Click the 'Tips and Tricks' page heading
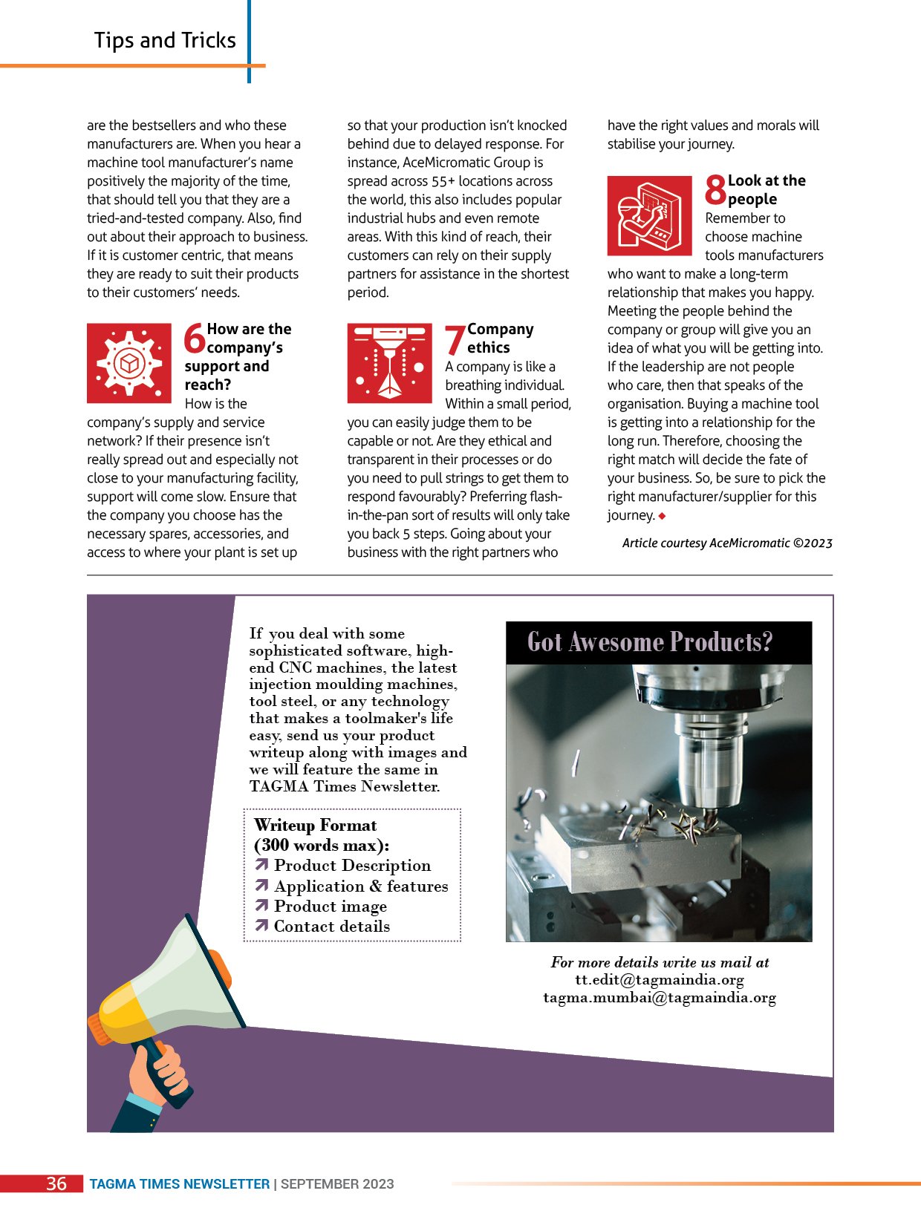pos(165,40)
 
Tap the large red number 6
pos(195,339)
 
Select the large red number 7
pos(455,341)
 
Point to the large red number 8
pos(715,189)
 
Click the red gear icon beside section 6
pos(129,363)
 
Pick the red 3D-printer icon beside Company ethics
pos(389,363)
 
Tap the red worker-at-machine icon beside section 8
pos(649,215)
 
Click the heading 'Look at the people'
pos(766,190)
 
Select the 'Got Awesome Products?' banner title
pos(650,642)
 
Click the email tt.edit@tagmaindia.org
pos(659,980)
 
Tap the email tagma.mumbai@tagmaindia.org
pos(659,998)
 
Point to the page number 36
pos(56,1183)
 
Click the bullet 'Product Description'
pos(351,866)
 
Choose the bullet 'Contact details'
pos(331,927)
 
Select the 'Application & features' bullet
pos(360,886)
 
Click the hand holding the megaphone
pos(160,1074)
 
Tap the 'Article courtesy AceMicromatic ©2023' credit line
pos(727,543)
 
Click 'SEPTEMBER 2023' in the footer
pos(337,1184)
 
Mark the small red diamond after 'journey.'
pos(662,516)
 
